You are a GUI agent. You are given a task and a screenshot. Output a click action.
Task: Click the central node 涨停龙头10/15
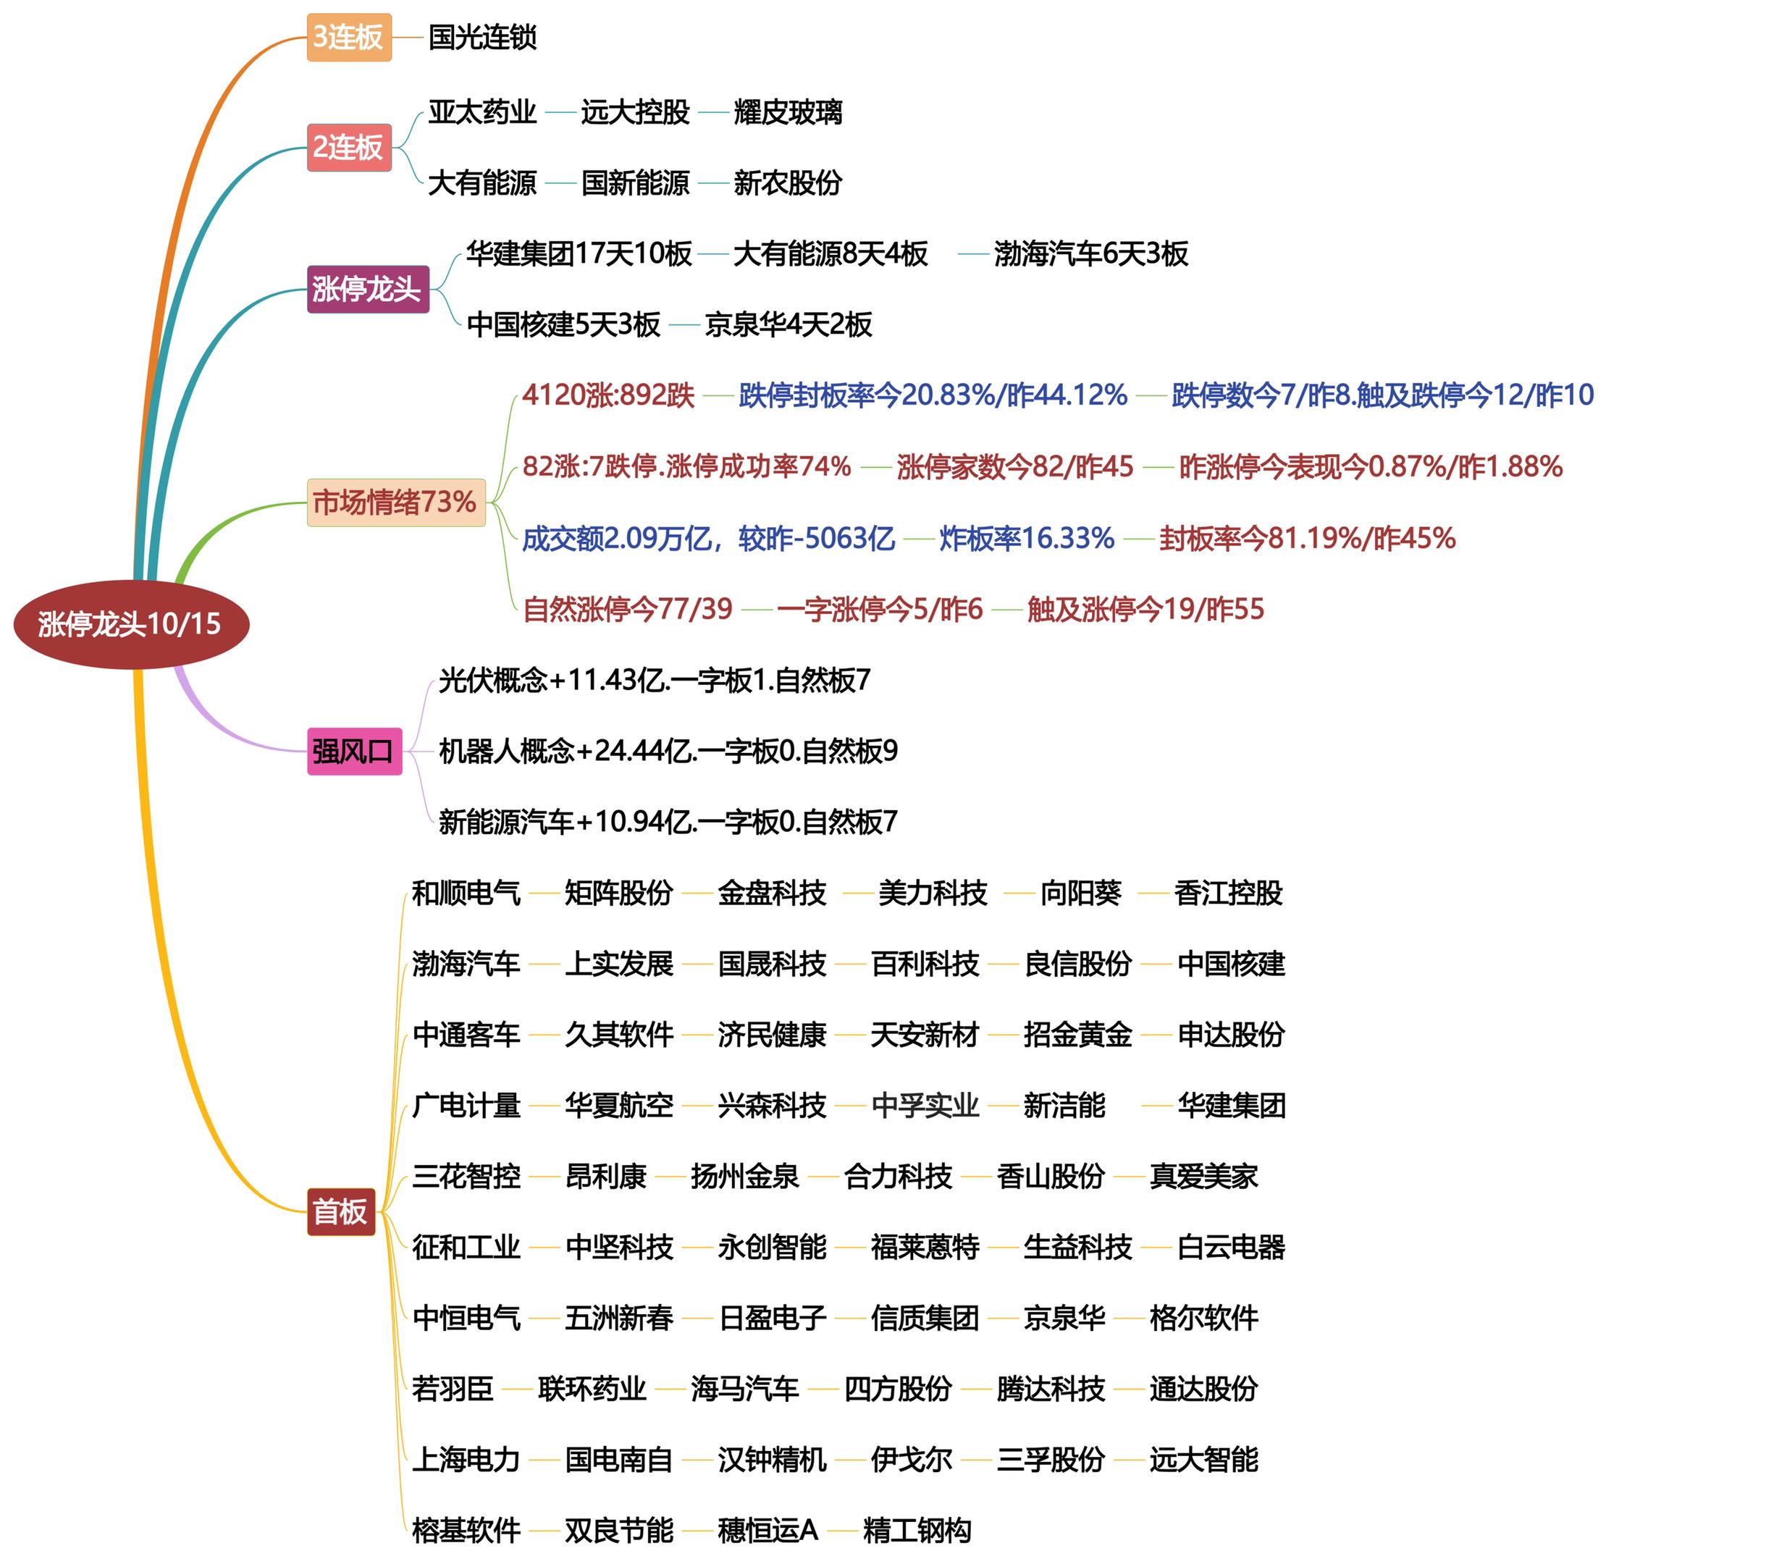(x=131, y=624)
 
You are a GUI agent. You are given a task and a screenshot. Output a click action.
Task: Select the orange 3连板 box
(x=348, y=38)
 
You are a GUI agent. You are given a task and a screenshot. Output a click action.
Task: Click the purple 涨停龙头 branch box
(x=366, y=289)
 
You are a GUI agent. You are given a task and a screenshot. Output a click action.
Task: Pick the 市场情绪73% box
(x=395, y=503)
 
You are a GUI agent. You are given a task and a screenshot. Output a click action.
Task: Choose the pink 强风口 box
(x=353, y=751)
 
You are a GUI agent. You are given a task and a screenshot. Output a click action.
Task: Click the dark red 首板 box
(x=340, y=1211)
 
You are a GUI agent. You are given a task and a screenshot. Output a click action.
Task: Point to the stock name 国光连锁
(x=482, y=38)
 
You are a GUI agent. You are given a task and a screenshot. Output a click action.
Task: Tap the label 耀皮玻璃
(x=787, y=112)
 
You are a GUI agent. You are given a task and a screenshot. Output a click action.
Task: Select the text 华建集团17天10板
(x=579, y=254)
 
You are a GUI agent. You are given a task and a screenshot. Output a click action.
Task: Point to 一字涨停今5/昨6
(x=880, y=609)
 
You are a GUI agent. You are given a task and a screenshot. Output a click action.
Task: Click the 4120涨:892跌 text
(x=608, y=395)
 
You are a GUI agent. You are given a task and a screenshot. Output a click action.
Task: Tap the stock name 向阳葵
(x=1080, y=893)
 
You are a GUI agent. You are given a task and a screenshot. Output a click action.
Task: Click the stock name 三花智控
(x=466, y=1176)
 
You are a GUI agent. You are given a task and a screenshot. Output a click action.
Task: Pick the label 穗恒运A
(x=767, y=1530)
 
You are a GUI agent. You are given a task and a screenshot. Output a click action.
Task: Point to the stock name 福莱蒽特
(x=925, y=1247)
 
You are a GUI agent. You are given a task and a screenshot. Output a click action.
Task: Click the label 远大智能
(x=1203, y=1459)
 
